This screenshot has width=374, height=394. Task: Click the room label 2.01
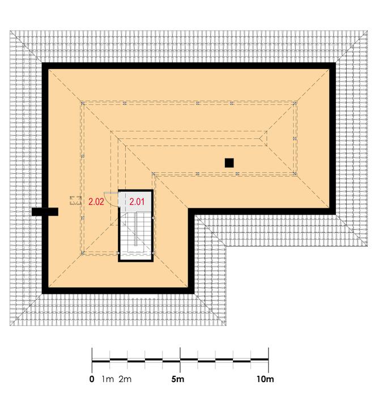(137, 202)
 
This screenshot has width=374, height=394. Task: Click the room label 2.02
(96, 202)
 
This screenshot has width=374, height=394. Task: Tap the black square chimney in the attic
(229, 163)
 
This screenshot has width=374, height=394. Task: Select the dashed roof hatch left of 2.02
(75, 200)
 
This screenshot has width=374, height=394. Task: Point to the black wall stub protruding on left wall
(45, 212)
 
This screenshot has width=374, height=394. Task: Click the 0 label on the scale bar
(92, 379)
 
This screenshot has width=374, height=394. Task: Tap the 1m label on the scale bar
(108, 379)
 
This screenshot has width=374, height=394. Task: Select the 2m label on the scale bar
(125, 379)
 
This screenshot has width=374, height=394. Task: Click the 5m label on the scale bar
(178, 379)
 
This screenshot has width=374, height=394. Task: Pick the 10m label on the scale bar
(265, 379)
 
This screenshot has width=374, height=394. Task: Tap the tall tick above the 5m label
(180, 360)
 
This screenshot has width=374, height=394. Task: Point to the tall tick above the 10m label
(269, 360)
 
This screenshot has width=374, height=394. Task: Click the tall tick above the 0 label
(92, 360)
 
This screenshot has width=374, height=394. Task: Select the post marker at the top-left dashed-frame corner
(82, 103)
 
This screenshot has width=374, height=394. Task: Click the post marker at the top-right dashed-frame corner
(295, 103)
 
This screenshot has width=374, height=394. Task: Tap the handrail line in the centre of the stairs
(136, 229)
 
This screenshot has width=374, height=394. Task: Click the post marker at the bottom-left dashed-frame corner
(83, 253)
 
